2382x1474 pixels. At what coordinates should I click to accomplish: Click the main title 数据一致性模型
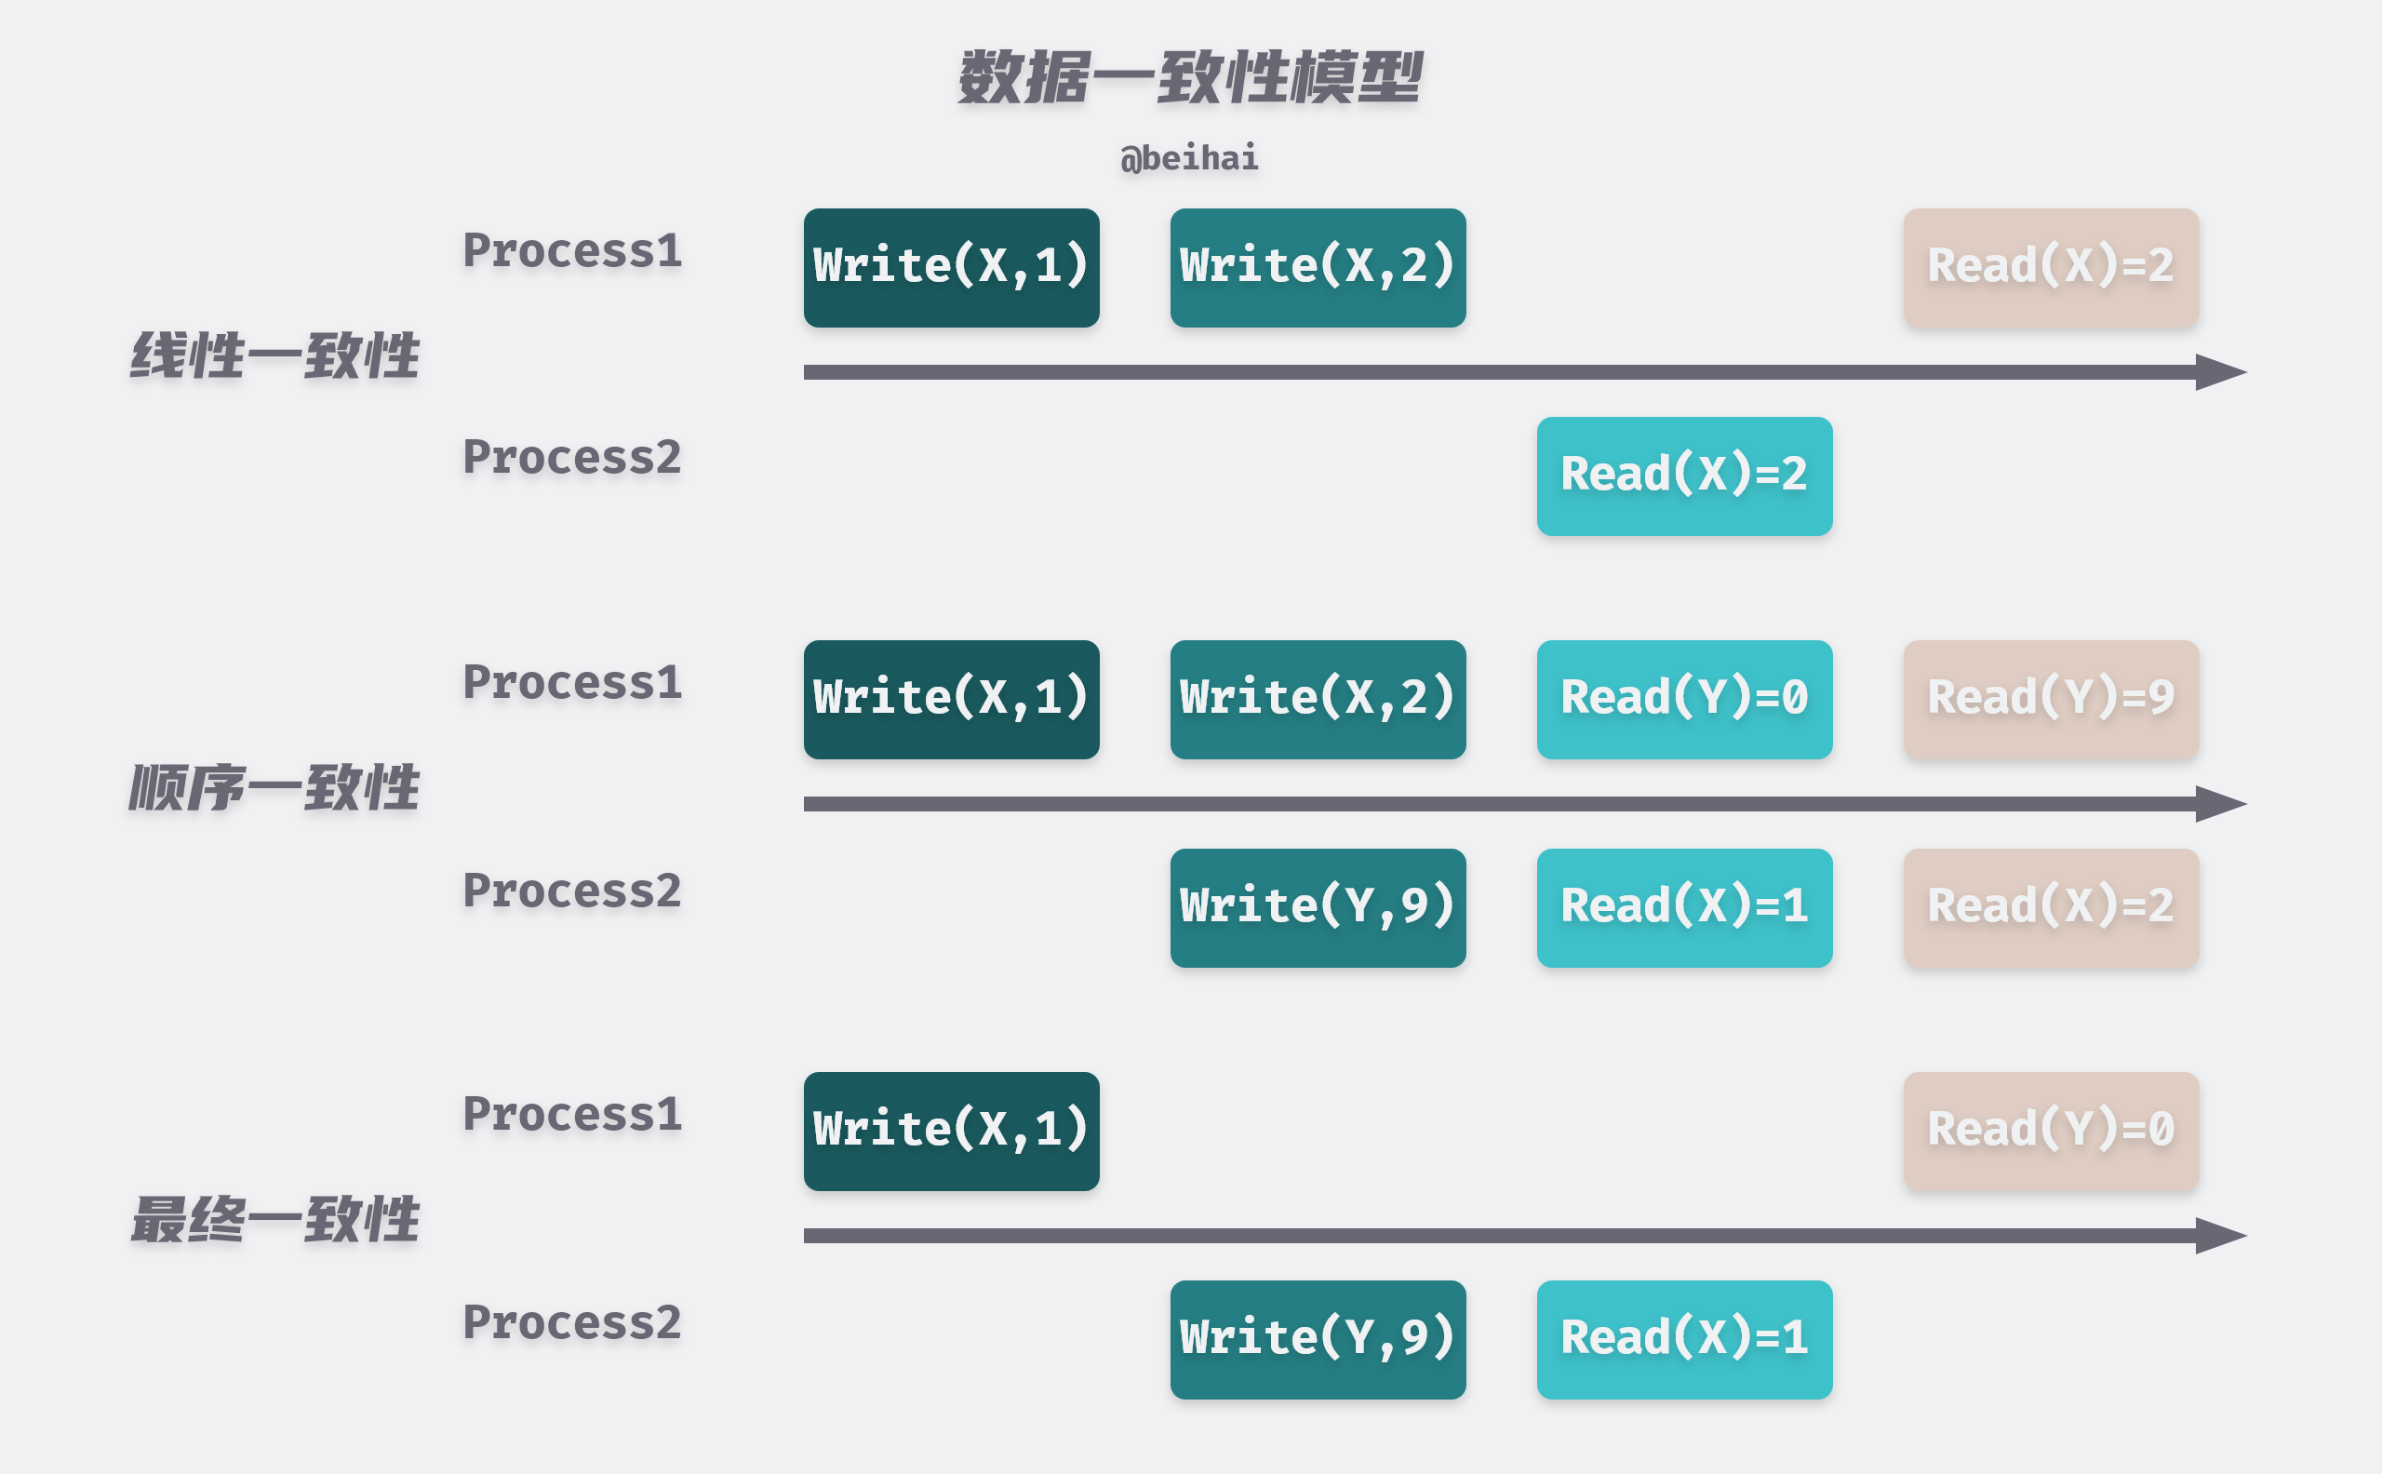[x=1189, y=78]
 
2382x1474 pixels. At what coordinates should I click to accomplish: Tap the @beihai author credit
[x=1189, y=158]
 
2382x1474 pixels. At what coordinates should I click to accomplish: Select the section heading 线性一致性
[x=274, y=355]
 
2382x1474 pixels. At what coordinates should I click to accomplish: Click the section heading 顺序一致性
[x=274, y=787]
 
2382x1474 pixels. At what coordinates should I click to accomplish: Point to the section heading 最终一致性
[x=274, y=1220]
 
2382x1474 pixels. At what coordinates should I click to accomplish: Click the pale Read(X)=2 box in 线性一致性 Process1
[x=2051, y=267]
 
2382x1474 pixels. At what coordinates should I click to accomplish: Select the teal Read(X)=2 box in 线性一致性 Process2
[x=1684, y=476]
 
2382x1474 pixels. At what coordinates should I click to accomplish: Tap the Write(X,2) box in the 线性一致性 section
[x=1318, y=267]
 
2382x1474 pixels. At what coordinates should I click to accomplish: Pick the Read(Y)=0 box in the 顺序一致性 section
[x=1684, y=699]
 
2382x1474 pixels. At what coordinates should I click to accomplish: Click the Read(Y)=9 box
[x=2051, y=699]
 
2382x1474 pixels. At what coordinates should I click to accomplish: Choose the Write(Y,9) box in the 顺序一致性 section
[x=1318, y=907]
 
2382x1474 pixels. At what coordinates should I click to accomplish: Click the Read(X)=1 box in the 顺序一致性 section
[x=1684, y=907]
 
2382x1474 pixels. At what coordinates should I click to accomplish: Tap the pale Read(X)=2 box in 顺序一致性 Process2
[x=2051, y=907]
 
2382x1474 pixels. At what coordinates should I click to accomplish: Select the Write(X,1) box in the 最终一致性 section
[x=951, y=1131]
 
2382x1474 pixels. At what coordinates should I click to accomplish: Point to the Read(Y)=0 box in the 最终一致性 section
[x=2051, y=1131]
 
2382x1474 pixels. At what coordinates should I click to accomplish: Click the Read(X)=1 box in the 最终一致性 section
[x=1684, y=1339]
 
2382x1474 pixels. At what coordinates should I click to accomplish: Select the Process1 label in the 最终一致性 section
[x=572, y=1114]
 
